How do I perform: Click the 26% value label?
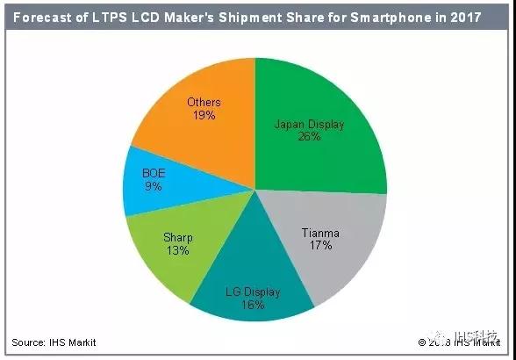[309, 137]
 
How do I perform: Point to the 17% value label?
[320, 246]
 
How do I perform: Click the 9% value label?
[154, 187]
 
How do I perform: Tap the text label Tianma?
[320, 234]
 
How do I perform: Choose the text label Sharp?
[178, 237]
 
